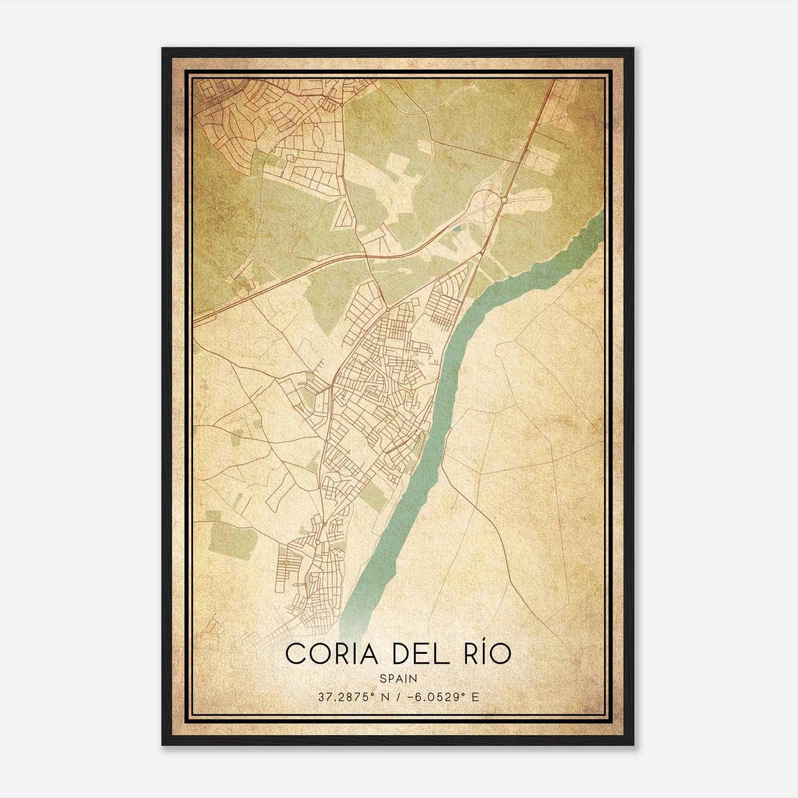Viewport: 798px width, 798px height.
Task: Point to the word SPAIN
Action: click(x=399, y=678)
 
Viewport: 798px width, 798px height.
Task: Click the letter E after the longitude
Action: click(x=475, y=697)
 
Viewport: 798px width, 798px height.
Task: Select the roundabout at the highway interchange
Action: click(x=504, y=199)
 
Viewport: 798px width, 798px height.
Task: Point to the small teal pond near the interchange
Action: click(x=457, y=229)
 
